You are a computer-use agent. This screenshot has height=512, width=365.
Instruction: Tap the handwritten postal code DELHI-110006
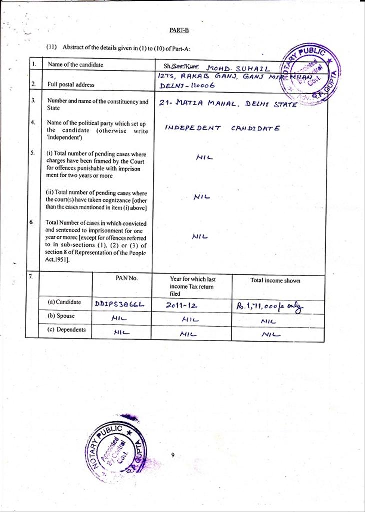187,86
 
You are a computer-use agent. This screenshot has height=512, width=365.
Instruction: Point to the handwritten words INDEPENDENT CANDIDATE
222,128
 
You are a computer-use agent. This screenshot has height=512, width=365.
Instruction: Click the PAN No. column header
126,278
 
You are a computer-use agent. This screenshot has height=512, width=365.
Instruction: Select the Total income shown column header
275,281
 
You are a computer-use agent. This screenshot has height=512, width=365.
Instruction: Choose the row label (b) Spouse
61,316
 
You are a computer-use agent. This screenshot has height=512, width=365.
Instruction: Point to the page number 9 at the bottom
172,455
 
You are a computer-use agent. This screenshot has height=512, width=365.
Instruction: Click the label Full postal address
70,85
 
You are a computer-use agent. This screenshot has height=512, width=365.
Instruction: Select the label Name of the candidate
75,65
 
